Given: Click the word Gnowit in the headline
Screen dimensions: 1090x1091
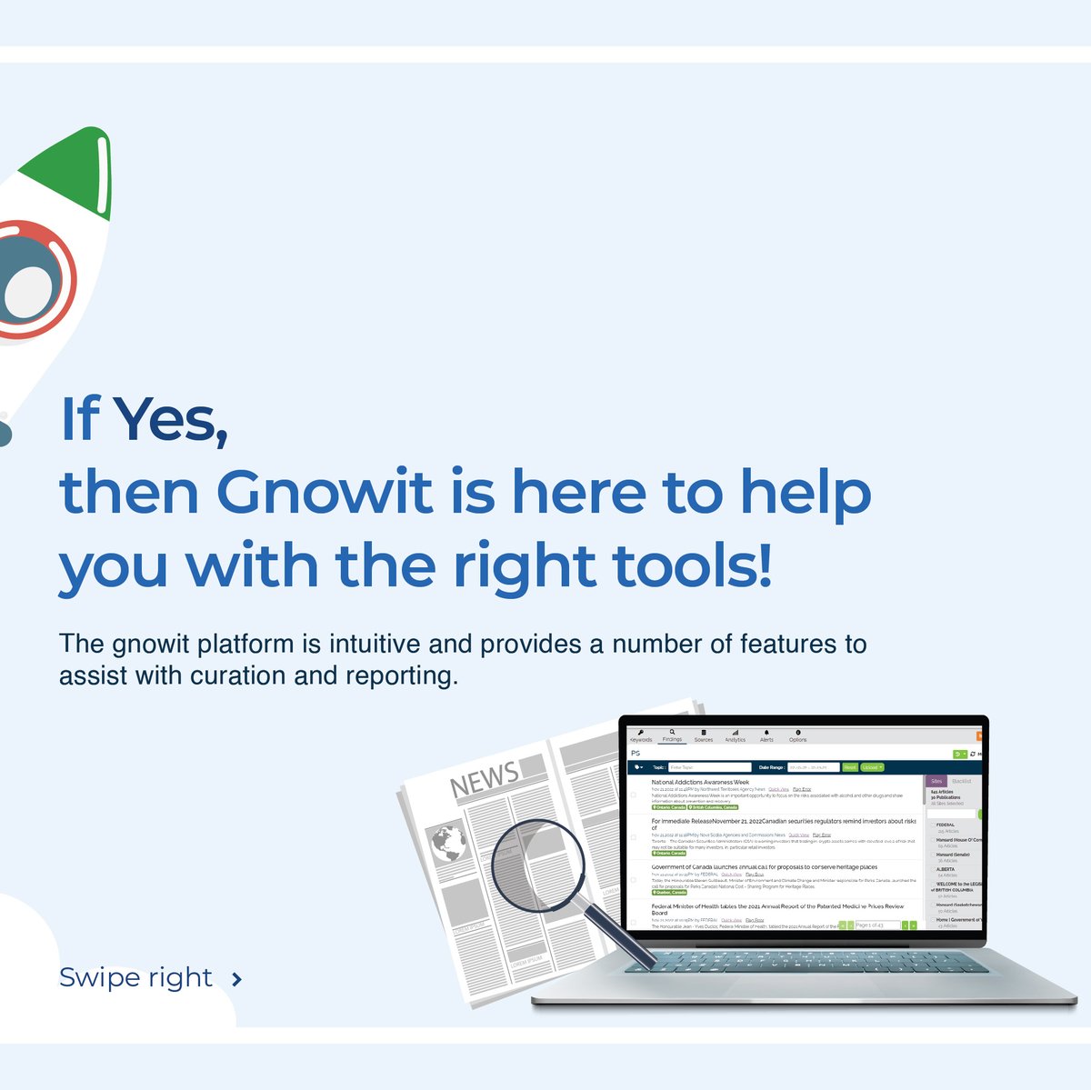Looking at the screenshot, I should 324,493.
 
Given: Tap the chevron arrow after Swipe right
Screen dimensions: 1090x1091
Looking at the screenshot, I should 236,979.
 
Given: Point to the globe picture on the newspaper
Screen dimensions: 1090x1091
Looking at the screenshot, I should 448,845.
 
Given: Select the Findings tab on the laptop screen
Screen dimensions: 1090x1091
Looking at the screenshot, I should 672,736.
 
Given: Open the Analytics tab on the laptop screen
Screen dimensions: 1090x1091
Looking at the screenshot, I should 735,736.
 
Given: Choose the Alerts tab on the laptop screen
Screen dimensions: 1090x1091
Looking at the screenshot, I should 766,736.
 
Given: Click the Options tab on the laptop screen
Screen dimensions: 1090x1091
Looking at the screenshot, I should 797,736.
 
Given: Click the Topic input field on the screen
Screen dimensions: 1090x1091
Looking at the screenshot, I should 709,767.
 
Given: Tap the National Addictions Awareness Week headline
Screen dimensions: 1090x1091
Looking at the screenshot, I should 700,782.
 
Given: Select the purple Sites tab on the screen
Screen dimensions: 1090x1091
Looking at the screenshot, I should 936,782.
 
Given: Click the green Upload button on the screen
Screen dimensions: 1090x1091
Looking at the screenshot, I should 871,767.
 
